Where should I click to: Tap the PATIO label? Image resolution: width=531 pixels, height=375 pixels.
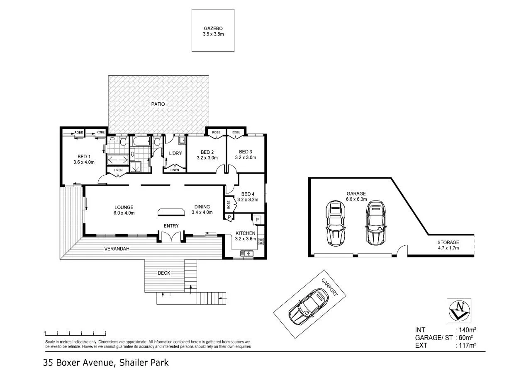(158, 104)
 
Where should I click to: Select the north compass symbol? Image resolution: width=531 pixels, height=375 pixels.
(459, 310)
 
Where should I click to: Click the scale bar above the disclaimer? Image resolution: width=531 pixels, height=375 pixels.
(75, 333)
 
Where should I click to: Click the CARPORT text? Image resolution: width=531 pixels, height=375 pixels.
(329, 286)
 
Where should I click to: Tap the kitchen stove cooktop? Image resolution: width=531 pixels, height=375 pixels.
(261, 241)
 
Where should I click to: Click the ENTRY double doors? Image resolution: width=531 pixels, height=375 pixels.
(171, 237)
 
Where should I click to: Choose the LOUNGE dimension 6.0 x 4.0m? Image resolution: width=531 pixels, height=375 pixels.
(124, 213)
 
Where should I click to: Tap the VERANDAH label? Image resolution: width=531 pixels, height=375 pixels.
(116, 249)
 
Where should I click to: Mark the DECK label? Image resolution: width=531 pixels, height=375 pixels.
(164, 273)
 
